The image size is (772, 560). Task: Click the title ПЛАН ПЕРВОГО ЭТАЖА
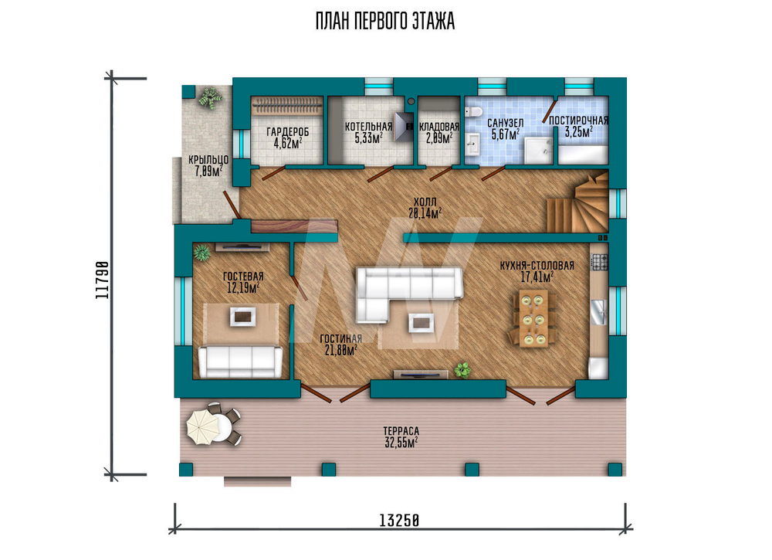tap(385, 21)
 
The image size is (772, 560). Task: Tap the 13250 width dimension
tap(399, 520)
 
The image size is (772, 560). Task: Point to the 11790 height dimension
tap(102, 280)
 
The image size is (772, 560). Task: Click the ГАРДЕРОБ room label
tap(287, 131)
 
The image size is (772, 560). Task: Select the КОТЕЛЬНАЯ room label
tap(368, 127)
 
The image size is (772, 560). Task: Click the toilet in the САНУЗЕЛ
tap(475, 112)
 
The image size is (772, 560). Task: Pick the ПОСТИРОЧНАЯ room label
tap(578, 120)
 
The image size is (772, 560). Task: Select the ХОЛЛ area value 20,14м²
tap(425, 212)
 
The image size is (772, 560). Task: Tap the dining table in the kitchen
tap(533, 317)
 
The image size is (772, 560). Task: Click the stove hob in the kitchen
tap(600, 262)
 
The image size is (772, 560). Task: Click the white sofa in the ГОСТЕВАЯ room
tap(240, 361)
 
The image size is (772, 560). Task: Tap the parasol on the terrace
tap(201, 426)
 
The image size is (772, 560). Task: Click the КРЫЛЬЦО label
tap(208, 160)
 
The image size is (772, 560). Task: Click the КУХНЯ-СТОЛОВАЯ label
tap(537, 266)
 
